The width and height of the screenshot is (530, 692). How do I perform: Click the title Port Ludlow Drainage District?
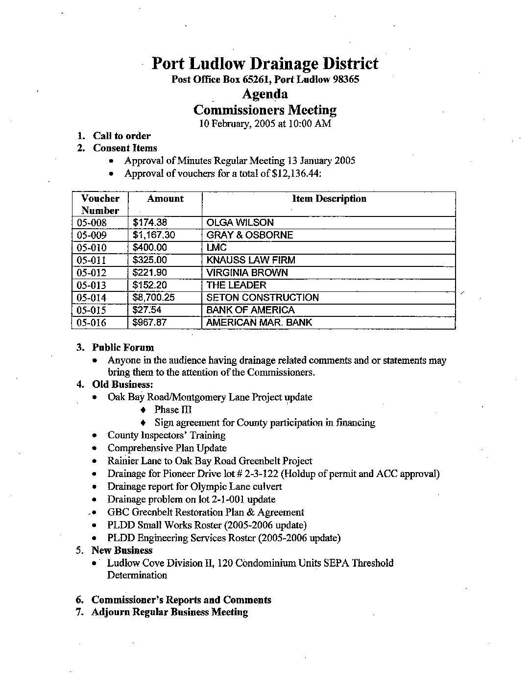pyautogui.click(x=265, y=64)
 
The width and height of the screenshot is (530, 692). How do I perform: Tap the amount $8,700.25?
pyautogui.click(x=154, y=297)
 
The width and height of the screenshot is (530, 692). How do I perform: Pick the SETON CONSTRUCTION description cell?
pyautogui.click(x=263, y=297)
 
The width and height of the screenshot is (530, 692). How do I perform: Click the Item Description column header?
pyautogui.click(x=329, y=199)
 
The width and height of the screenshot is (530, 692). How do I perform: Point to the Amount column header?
pyautogui.click(x=165, y=199)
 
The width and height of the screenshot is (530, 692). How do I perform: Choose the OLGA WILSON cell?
pyautogui.click(x=240, y=222)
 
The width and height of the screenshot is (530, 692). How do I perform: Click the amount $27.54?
pyautogui.click(x=147, y=310)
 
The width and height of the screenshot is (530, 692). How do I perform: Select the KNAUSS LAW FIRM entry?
pyautogui.click(x=251, y=260)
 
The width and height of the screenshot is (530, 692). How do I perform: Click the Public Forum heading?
pyautogui.click(x=123, y=348)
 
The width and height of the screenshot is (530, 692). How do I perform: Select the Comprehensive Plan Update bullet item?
pyautogui.click(x=167, y=448)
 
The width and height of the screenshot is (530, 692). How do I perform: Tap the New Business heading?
pyautogui.click(x=122, y=550)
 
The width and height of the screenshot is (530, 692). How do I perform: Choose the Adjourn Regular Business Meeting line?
pyautogui.click(x=169, y=612)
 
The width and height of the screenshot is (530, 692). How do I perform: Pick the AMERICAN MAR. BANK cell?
pyautogui.click(x=259, y=322)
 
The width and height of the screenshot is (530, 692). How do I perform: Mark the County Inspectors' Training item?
pyautogui.click(x=167, y=435)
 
